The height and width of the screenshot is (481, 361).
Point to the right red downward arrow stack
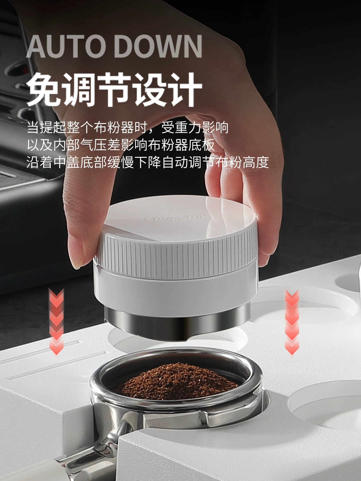pos(292,322)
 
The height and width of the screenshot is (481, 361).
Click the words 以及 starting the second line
pos(40,145)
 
